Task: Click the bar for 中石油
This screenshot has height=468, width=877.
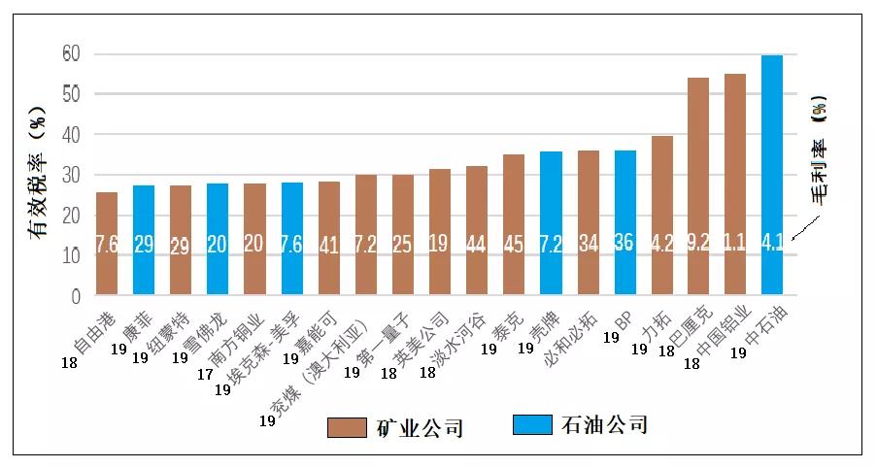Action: [x=772, y=175]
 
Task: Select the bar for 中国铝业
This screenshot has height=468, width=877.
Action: [x=735, y=184]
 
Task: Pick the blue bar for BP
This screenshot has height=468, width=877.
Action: [x=624, y=222]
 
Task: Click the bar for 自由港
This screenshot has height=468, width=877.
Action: [x=107, y=243]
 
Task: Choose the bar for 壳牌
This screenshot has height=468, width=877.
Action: [x=551, y=222]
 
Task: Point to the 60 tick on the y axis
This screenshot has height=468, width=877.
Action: [x=71, y=53]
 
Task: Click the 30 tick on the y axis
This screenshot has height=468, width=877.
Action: [x=71, y=175]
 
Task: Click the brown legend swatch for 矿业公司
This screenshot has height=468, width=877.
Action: [x=345, y=426]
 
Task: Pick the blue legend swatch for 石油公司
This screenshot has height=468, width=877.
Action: [x=528, y=424]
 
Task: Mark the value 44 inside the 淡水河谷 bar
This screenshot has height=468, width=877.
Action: [x=477, y=245]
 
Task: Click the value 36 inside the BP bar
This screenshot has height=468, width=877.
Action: [x=624, y=244]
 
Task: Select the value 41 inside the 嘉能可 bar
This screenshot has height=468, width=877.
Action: [x=329, y=245]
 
